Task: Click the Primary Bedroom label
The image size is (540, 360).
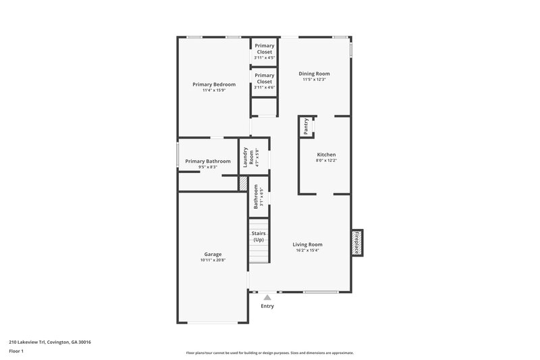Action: click(x=214, y=84)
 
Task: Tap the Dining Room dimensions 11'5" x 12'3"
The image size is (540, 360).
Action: click(x=315, y=80)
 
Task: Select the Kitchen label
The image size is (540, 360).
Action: click(x=326, y=155)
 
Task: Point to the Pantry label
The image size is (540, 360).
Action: click(x=306, y=126)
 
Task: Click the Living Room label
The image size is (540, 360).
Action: click(x=307, y=245)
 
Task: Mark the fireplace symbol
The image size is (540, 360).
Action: click(x=356, y=242)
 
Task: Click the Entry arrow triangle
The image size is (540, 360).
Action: click(x=267, y=297)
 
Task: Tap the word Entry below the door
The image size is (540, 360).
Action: click(x=267, y=306)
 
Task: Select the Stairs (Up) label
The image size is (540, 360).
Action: click(x=258, y=236)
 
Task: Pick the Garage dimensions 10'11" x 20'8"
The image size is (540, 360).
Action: click(x=213, y=260)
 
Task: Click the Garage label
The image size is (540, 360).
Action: click(x=213, y=255)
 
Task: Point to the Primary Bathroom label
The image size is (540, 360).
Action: click(x=208, y=161)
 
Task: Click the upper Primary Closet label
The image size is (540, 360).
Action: click(x=265, y=49)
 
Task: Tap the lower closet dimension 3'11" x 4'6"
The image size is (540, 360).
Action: click(x=265, y=87)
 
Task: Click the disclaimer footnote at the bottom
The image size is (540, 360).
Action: click(x=270, y=353)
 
